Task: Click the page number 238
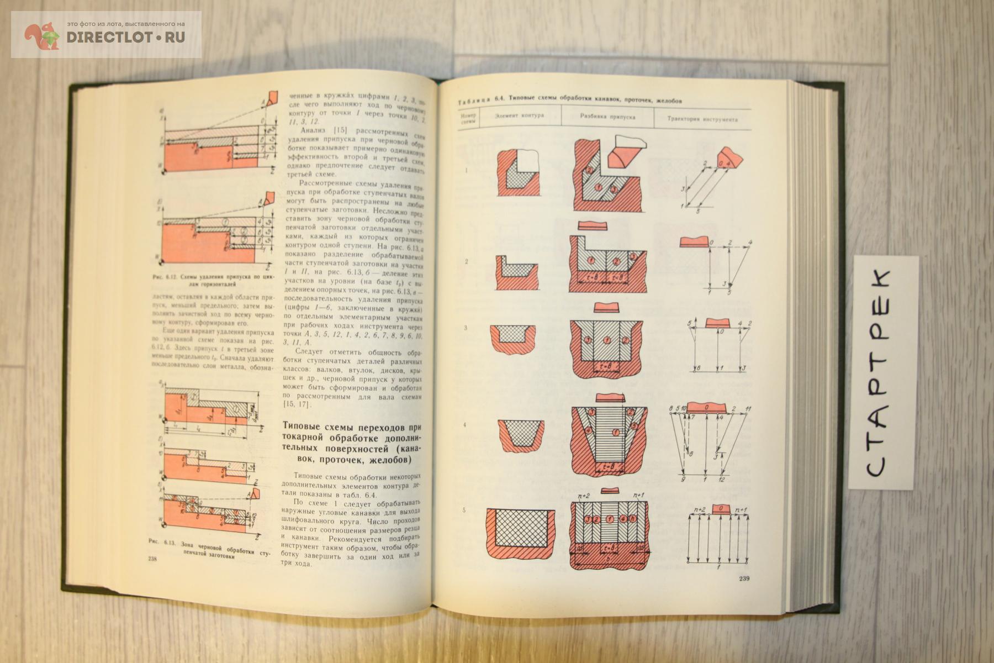[154, 559]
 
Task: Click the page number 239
[747, 578]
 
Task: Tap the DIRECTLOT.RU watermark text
[126, 37]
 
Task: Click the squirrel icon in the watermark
[42, 36]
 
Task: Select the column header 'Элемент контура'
[519, 116]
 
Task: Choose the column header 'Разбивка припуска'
[607, 117]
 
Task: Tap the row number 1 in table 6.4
[466, 171]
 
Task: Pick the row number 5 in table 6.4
[464, 510]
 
